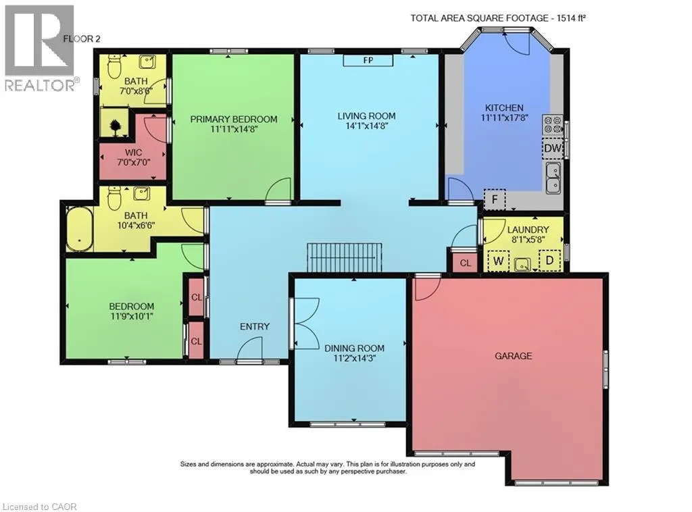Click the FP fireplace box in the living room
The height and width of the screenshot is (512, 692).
(368, 61)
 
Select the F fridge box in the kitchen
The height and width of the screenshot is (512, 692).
(495, 199)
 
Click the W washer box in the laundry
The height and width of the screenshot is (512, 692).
(499, 260)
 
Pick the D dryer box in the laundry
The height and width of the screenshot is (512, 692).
(549, 260)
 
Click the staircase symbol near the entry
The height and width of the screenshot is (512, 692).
(345, 257)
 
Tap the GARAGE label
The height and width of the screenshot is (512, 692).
(513, 356)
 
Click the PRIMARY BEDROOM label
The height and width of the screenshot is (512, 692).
(234, 119)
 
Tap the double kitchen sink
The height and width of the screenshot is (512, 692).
(553, 178)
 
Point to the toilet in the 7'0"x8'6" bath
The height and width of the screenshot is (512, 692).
(114, 66)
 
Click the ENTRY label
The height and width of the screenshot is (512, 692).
(255, 327)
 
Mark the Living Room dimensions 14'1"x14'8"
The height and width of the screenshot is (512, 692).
(366, 125)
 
